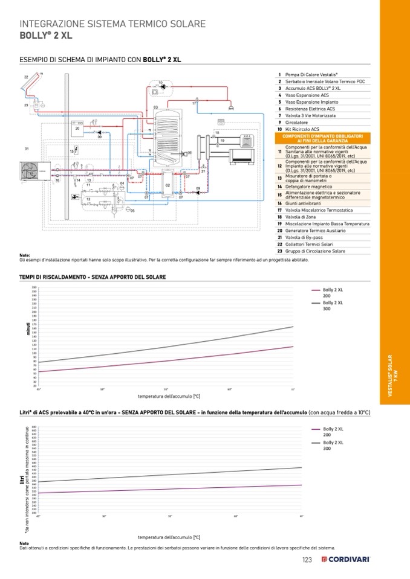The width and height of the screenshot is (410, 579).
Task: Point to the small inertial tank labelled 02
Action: click(168, 184)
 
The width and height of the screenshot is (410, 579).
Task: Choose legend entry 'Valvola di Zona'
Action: click(303, 217)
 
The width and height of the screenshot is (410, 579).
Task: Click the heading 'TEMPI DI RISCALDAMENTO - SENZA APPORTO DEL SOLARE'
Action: click(93, 277)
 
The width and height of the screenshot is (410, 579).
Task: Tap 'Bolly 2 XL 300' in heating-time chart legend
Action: click(333, 305)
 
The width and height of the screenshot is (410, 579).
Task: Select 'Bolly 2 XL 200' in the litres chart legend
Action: click(333, 432)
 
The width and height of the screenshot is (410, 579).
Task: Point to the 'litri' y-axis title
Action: click(21, 479)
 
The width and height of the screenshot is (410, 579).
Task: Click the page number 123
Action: click(307, 560)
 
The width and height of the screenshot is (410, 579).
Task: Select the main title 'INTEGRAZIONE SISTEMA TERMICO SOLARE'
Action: click(113, 24)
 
